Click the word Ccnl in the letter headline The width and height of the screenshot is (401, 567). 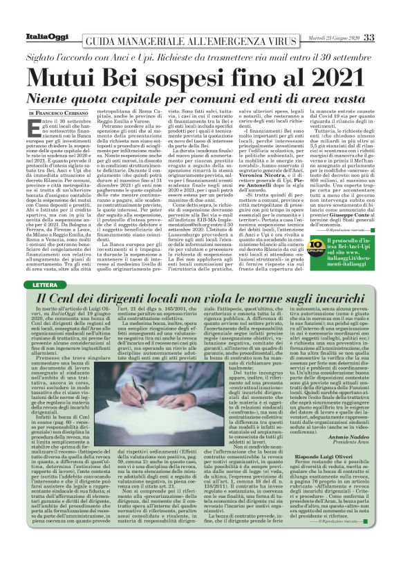coord(75,298)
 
